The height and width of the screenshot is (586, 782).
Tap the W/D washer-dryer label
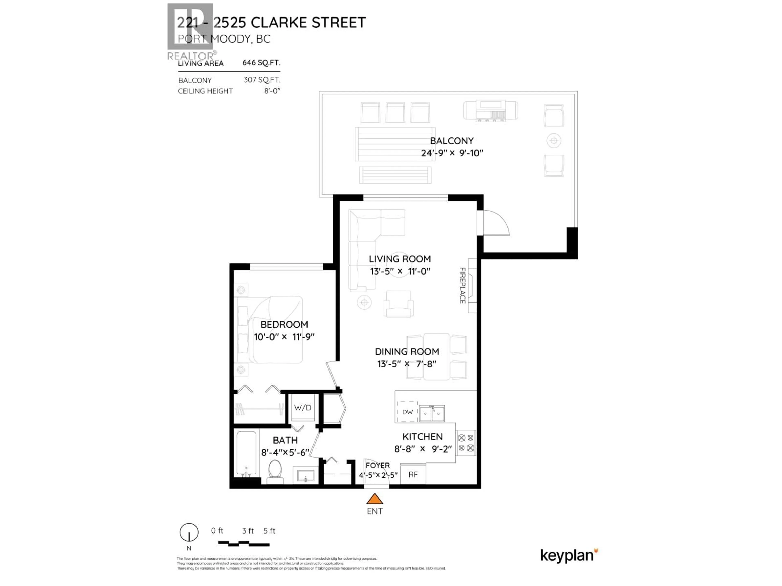(303, 408)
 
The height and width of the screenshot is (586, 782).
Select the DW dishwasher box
(407, 412)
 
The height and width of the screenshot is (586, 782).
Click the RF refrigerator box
(413, 474)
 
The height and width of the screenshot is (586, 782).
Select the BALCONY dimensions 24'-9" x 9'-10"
(452, 153)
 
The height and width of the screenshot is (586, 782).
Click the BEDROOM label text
(284, 325)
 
